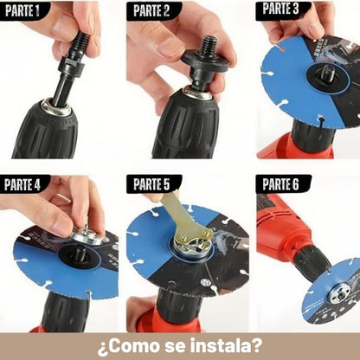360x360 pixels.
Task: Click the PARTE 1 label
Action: click(x=22, y=10)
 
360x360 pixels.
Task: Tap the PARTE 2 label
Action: click(x=151, y=10)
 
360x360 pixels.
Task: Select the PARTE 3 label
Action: click(x=280, y=9)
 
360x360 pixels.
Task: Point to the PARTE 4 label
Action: click(x=22, y=184)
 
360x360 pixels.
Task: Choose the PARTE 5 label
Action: click(x=151, y=184)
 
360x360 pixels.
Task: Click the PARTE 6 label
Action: click(x=280, y=184)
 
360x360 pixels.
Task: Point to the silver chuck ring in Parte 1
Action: click(x=56, y=107)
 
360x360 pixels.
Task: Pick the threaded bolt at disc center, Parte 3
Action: click(x=329, y=72)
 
